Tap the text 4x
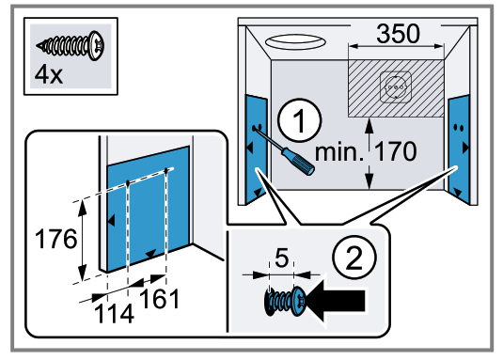point(49,74)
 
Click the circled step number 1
point(299,120)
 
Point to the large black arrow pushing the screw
point(336,302)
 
